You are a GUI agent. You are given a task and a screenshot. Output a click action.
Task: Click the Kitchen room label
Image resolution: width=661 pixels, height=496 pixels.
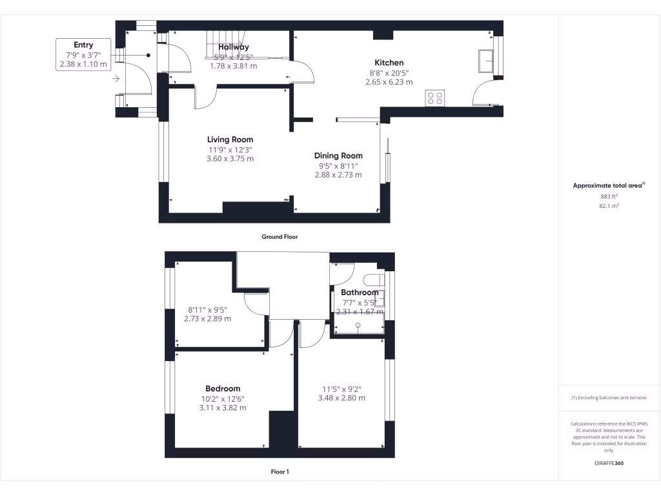tap(389, 63)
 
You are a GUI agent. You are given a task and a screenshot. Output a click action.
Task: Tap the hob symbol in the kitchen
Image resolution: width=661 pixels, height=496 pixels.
tap(434, 98)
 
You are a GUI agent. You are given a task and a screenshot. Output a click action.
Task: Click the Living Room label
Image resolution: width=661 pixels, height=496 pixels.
tap(230, 139)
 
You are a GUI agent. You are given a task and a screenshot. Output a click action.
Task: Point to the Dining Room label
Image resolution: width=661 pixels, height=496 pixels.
tap(338, 156)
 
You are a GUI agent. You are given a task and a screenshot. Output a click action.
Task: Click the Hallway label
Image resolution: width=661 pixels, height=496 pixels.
tap(233, 47)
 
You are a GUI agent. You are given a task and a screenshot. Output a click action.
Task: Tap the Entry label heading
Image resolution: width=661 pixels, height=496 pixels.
tap(83, 45)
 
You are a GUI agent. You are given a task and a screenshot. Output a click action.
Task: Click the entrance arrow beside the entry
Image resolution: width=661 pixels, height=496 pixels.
tap(116, 79)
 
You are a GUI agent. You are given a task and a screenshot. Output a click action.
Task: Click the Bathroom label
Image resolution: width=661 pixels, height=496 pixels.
tap(360, 293)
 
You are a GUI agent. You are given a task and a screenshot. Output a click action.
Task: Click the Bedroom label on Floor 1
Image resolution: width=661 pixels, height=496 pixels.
tap(223, 388)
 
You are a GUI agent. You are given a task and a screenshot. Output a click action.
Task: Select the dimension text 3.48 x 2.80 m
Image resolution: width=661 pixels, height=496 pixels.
tap(341, 398)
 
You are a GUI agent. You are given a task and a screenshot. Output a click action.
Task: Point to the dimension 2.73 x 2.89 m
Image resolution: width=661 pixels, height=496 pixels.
tap(207, 319)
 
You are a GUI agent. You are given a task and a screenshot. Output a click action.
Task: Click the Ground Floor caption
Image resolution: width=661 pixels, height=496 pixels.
tap(280, 237)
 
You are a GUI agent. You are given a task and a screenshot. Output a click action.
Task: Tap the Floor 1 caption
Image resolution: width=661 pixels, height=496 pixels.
tap(280, 472)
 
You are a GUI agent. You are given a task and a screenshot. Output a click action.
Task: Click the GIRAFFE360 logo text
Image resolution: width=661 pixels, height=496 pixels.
tap(609, 463)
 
